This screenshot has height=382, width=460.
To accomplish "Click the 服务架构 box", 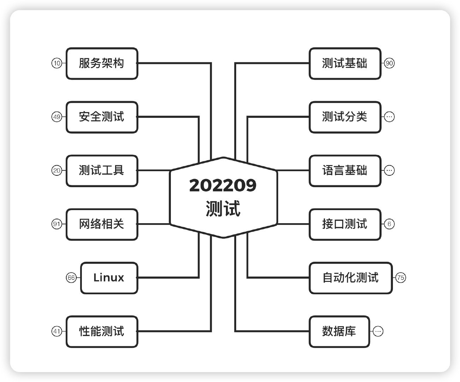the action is pyautogui.click(x=102, y=63).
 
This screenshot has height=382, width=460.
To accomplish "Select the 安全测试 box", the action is pyautogui.click(x=102, y=117).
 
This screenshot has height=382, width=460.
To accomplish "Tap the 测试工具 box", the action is pyautogui.click(x=102, y=170).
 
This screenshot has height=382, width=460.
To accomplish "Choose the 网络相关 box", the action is pyautogui.click(x=102, y=224).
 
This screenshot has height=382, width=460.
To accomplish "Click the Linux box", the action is pyautogui.click(x=109, y=278).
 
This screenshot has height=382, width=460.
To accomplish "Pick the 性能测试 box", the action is pyautogui.click(x=102, y=331).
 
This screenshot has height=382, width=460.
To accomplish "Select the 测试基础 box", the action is pyautogui.click(x=345, y=63).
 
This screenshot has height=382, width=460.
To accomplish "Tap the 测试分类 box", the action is pyautogui.click(x=345, y=117).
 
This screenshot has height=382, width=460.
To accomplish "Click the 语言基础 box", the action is pyautogui.click(x=345, y=170).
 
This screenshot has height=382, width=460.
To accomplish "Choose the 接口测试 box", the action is pyautogui.click(x=345, y=224).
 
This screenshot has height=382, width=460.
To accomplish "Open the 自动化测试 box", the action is pyautogui.click(x=351, y=278).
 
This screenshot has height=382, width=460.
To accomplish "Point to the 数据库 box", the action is pyautogui.click(x=339, y=331).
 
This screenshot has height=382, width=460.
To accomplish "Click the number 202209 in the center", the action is pyautogui.click(x=223, y=185).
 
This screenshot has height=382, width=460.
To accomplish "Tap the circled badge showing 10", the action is pyautogui.click(x=57, y=63).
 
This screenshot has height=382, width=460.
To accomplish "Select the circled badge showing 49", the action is pyautogui.click(x=57, y=117).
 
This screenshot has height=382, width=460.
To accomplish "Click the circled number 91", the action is pyautogui.click(x=57, y=224).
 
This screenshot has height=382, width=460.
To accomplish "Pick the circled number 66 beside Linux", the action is pyautogui.click(x=71, y=278).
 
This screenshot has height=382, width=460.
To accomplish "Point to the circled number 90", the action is pyautogui.click(x=389, y=63).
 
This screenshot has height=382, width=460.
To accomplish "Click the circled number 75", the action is pyautogui.click(x=401, y=278).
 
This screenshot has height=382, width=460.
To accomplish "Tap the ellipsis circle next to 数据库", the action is pyautogui.click(x=378, y=331).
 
